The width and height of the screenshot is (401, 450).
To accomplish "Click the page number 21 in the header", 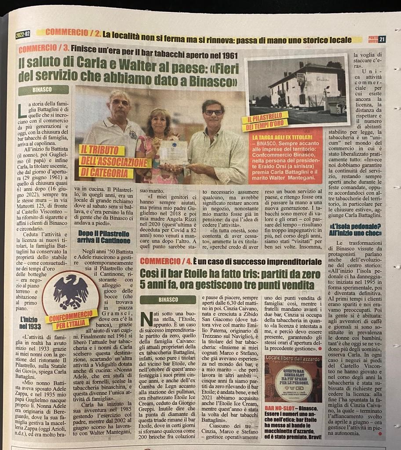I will point(382,39).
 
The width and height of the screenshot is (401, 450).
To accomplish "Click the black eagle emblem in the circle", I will point(71,291).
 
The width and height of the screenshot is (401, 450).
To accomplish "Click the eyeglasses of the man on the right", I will point(214,112).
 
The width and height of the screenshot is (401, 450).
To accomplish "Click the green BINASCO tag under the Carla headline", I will point(44,90).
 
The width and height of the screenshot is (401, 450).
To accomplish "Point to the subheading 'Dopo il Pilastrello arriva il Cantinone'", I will point(105,237).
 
